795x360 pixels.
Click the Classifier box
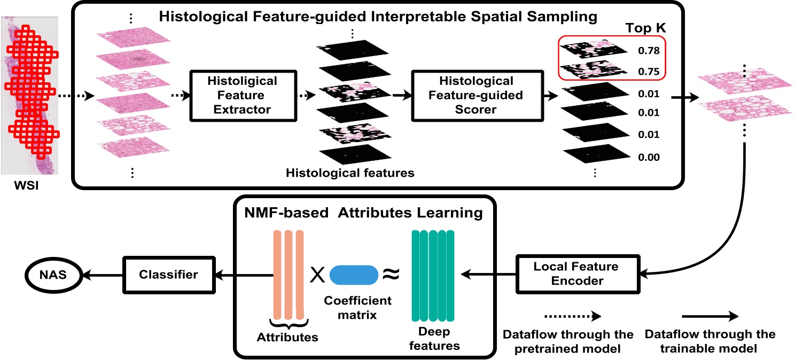(x=168, y=275)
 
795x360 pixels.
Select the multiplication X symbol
(x=317, y=274)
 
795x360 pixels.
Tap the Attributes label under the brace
(x=287, y=337)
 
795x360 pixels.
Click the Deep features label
(x=433, y=339)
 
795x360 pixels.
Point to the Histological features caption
(x=350, y=173)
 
